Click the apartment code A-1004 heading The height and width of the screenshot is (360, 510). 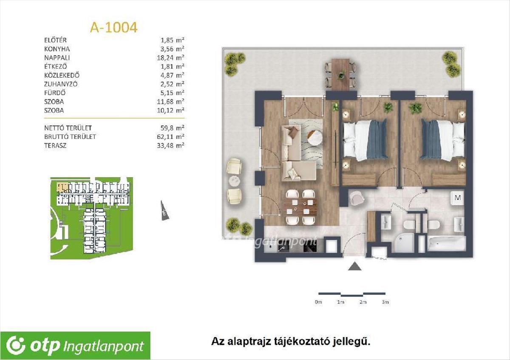(x=113, y=28)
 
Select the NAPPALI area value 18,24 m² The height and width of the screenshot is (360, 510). (x=170, y=58)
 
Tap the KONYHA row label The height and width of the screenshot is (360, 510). (x=57, y=49)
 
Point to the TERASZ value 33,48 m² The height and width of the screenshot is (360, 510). (x=170, y=145)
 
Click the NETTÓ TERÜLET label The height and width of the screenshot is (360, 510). (x=68, y=128)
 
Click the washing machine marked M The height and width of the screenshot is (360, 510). (x=458, y=198)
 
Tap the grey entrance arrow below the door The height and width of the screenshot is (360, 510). (x=355, y=266)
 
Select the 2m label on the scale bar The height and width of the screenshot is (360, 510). (x=363, y=302)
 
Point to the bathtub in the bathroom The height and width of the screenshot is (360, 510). (x=447, y=244)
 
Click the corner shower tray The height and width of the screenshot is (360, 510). (x=406, y=244)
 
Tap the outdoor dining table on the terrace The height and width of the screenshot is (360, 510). (x=340, y=74)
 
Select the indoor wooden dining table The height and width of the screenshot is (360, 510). (x=300, y=207)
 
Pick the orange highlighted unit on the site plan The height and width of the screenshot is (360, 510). (x=62, y=187)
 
